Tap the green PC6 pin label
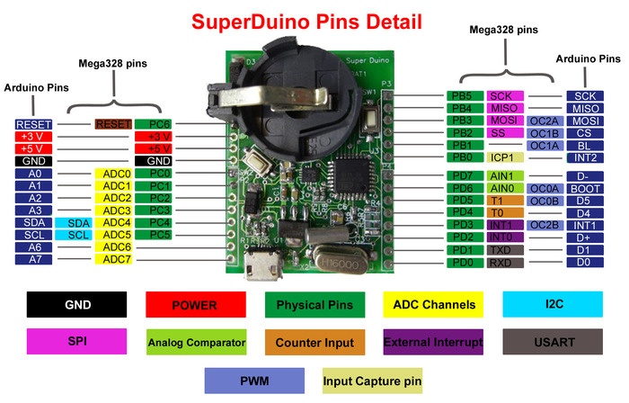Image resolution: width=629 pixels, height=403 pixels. (159, 123)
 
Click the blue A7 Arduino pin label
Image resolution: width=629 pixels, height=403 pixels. (34, 259)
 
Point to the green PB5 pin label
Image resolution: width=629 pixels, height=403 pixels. (463, 95)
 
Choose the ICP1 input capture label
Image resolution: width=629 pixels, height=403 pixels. (505, 157)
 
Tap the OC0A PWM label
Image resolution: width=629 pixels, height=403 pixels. (545, 188)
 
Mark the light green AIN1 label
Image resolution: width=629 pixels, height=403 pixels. (501, 175)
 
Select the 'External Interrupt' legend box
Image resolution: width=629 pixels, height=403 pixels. (433, 343)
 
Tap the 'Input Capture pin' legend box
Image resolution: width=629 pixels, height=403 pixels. (372, 381)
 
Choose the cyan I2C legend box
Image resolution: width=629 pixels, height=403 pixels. (553, 305)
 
